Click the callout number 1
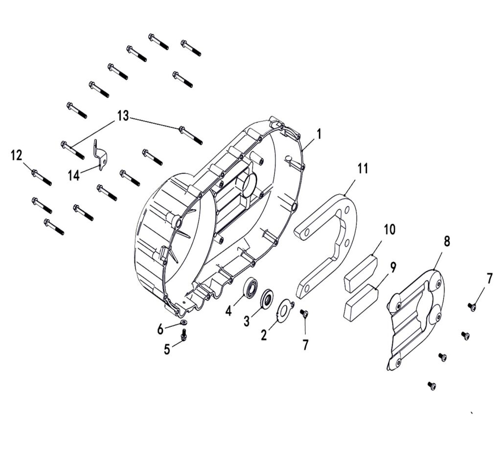pos(319,134)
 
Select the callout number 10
pos(389,230)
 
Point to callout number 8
pos(447,241)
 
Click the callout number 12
pos(17,155)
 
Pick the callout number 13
pos(123,116)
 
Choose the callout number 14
pos(74,175)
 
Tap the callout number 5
pos(167,350)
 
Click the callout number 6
pos(160,328)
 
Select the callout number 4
pos(228,311)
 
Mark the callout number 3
pos(247,321)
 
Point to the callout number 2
pos(264,335)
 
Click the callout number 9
pos(393,267)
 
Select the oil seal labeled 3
pos(267,299)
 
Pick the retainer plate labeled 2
pos(285,310)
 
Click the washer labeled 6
pos(184,322)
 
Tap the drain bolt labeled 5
pos(184,335)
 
